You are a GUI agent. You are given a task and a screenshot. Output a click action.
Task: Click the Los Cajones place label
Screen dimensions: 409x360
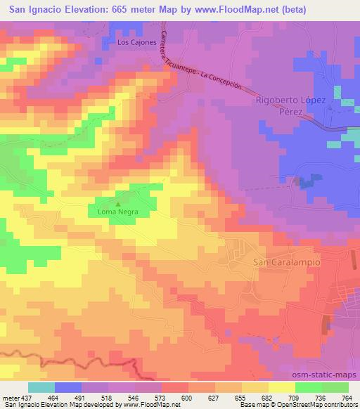tap(135, 43)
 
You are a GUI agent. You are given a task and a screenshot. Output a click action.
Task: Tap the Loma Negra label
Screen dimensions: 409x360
tap(118, 211)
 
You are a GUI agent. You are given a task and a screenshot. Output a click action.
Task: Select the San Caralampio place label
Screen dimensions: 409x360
tap(285, 261)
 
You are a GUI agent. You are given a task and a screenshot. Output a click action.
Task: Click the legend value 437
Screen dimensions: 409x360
tap(25, 397)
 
